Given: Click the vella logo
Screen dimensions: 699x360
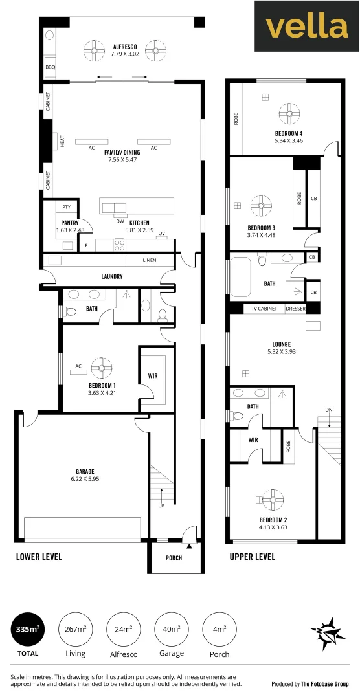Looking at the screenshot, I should pyautogui.click(x=306, y=26).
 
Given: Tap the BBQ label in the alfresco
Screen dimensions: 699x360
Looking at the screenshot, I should pyautogui.click(x=50, y=67).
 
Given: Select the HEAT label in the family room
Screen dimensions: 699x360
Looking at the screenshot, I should pyautogui.click(x=63, y=140).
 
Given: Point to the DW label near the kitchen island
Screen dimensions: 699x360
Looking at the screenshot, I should pyautogui.click(x=120, y=221).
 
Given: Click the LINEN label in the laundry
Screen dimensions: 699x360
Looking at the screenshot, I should pyautogui.click(x=150, y=261).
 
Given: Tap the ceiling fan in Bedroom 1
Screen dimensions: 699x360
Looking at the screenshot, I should pyautogui.click(x=101, y=368).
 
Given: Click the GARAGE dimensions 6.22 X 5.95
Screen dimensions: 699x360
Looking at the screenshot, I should pyautogui.click(x=85, y=479).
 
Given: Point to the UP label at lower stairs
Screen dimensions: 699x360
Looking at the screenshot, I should pyautogui.click(x=161, y=505).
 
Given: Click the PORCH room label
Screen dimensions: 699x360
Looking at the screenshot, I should pyautogui.click(x=174, y=559).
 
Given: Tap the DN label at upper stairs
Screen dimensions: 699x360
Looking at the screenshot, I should pyautogui.click(x=329, y=410).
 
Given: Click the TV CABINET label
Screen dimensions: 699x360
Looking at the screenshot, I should pyautogui.click(x=264, y=309).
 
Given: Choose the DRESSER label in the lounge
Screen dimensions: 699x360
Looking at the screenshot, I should pyautogui.click(x=295, y=309).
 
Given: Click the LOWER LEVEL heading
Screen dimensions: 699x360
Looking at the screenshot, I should pyautogui.click(x=39, y=557).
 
